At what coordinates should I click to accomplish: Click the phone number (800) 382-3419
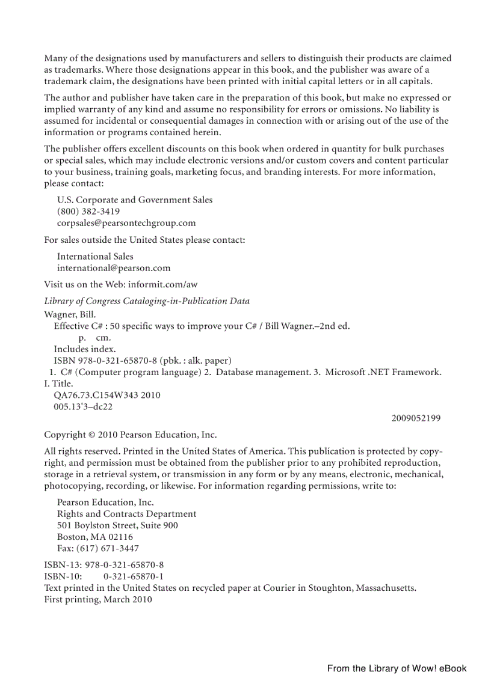(x=88, y=212)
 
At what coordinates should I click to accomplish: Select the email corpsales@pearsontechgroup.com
(x=126, y=223)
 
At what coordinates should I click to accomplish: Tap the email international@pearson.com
(x=114, y=268)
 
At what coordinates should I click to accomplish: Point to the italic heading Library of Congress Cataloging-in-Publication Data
(x=147, y=301)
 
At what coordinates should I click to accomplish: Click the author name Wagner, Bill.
(x=70, y=314)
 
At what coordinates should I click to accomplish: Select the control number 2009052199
(x=415, y=418)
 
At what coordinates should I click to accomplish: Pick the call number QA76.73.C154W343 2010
(x=107, y=395)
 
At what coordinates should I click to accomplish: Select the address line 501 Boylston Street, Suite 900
(x=117, y=525)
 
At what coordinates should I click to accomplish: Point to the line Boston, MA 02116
(x=95, y=537)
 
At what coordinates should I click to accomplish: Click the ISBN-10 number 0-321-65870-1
(x=134, y=576)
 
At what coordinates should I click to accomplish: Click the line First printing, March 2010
(x=98, y=599)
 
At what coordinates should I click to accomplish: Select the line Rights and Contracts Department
(x=126, y=514)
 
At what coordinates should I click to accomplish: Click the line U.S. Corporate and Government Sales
(x=135, y=200)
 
